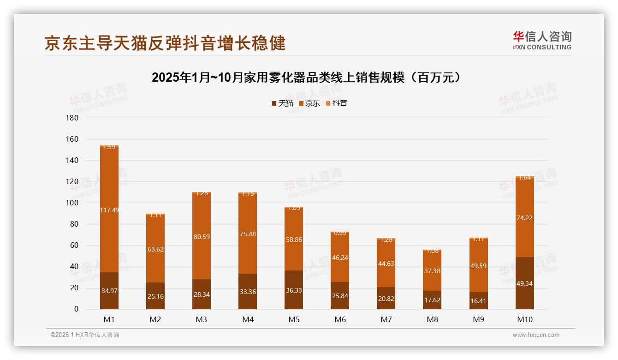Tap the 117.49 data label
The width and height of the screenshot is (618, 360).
tap(109, 210)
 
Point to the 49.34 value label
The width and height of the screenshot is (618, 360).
tap(524, 283)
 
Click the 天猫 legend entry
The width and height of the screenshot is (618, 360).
tap(282, 103)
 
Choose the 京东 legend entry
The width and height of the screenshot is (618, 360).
tap(309, 103)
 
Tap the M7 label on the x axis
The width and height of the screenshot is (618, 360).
tap(386, 320)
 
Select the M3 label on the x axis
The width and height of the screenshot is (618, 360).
tap(202, 320)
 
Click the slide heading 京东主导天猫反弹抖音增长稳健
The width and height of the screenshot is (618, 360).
tap(165, 43)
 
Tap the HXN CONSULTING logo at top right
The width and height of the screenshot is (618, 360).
tap(542, 41)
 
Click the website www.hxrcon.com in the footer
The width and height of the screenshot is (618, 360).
tap(535, 335)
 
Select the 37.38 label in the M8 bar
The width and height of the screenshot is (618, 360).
tap(432, 271)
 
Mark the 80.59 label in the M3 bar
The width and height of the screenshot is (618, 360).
tap(202, 237)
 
